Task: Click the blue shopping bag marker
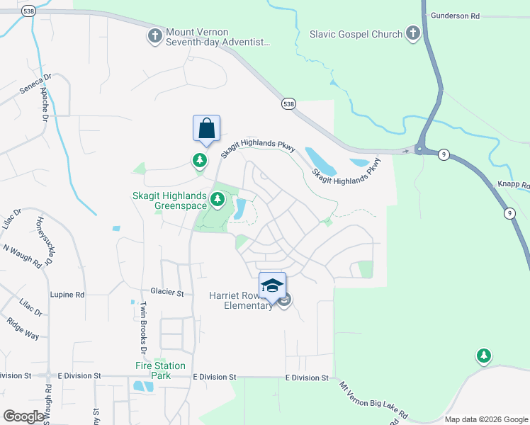[x=206, y=130]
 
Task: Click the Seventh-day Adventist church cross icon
[x=154, y=36]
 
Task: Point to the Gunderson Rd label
[x=455, y=15]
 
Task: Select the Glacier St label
[x=167, y=292]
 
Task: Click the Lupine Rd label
[x=67, y=294]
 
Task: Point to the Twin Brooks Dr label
[x=142, y=328]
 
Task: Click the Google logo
[x=23, y=416]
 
